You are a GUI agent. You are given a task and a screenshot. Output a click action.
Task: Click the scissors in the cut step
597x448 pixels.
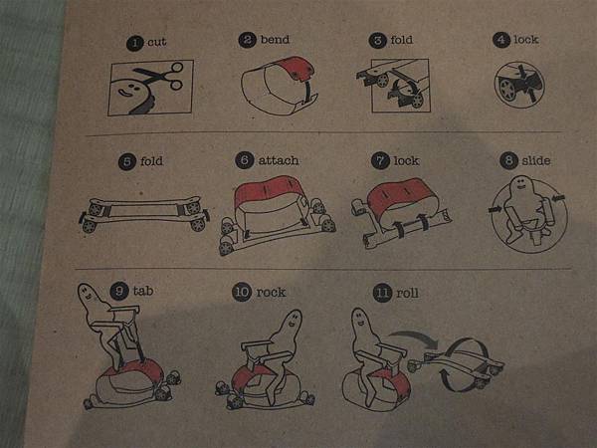coord(159,77)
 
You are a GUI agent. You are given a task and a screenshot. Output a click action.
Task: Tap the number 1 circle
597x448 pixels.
coord(134,43)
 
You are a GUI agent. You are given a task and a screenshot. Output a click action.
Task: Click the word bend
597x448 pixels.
coord(275,39)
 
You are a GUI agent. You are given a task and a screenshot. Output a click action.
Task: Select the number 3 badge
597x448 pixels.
coord(378,40)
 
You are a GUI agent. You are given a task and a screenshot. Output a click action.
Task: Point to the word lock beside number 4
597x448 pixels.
coord(526,39)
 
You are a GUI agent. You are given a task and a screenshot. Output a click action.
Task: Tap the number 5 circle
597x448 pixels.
coord(127,161)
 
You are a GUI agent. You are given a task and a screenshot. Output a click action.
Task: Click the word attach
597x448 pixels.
coord(279,160)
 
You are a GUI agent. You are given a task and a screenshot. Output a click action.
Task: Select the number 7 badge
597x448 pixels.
coord(380,160)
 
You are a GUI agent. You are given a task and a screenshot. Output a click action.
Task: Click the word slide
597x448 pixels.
coord(536,160)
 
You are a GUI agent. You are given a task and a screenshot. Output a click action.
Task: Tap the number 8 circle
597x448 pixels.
coord(508,160)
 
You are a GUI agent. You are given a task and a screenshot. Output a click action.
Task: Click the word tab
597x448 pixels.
coord(143,291)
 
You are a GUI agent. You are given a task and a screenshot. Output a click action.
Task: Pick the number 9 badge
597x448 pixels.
coord(119,291)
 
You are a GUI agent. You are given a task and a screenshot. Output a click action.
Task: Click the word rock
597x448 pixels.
coord(271,293)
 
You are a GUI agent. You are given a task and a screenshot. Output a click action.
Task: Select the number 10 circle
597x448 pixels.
coord(242,293)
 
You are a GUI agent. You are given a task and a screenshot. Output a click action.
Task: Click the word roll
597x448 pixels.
coord(407,293)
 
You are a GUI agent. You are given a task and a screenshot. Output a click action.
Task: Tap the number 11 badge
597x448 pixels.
coord(383,293)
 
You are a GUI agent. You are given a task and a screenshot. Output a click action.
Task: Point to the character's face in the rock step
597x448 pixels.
coord(293,321)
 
